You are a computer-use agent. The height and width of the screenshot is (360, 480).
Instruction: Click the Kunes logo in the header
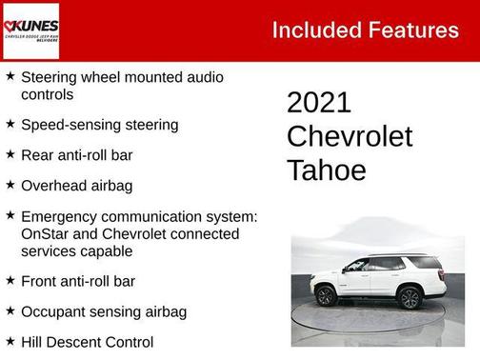[30, 29]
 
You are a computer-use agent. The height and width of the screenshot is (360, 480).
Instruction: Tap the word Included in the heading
[315, 30]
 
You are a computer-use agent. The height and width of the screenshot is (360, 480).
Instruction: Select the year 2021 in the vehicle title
[319, 103]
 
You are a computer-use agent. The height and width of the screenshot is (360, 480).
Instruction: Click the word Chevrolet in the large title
[350, 136]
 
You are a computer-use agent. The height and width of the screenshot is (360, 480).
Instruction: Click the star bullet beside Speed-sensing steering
[10, 124]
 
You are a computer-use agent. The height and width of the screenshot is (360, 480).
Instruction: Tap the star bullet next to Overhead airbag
[10, 183]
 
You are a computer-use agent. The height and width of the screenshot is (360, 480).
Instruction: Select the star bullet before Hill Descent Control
[10, 340]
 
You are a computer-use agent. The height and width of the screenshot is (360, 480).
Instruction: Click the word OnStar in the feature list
[44, 234]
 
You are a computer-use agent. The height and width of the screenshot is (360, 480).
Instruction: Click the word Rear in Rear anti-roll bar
[36, 154]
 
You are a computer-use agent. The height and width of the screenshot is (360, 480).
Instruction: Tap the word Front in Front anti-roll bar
[39, 281]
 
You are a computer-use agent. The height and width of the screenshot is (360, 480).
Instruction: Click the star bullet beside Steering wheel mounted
[10, 74]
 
